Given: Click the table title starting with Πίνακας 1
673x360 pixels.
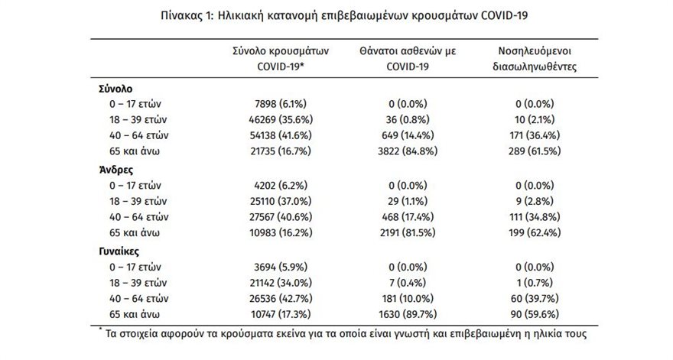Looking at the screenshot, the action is coord(344,15).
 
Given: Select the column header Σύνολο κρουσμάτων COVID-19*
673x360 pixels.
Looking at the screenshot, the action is coord(281,58).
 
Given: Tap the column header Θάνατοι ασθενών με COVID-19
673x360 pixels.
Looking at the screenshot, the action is coord(408,58).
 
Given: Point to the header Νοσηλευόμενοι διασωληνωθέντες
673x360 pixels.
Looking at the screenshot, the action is coord(535,58).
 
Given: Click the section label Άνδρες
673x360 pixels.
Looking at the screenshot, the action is coord(116,170).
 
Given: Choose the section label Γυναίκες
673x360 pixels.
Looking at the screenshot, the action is coord(119,251).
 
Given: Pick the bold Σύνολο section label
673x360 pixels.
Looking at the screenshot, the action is coord(115,89).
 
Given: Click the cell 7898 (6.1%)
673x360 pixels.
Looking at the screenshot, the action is coord(281,104).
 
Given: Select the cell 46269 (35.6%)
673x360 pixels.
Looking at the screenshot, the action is coord(281,120).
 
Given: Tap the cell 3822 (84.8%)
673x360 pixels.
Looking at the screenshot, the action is coord(408,151).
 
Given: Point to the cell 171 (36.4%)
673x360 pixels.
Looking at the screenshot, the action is coord(535,135).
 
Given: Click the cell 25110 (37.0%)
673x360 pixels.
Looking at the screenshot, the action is coord(281,201).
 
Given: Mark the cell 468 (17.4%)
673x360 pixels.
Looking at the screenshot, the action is coord(408,217).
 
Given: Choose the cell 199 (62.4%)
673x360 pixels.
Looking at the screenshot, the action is coord(535,232).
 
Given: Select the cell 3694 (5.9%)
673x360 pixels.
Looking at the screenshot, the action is coord(281,267).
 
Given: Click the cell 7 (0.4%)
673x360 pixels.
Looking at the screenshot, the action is coord(408,283).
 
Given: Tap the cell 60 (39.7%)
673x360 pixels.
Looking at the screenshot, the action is coord(535,299).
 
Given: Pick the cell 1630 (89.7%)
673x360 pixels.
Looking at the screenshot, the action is coord(408,314).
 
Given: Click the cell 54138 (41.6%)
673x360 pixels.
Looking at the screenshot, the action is coord(281,135).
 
